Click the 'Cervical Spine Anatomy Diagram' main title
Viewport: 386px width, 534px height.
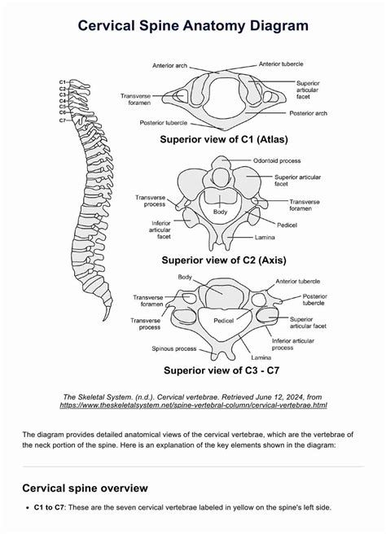click(193, 26)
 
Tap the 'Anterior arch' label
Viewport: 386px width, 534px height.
click(171, 65)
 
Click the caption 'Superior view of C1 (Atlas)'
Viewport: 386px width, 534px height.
click(234, 141)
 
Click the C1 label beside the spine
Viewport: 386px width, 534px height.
click(63, 83)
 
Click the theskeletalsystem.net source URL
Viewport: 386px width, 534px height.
click(193, 405)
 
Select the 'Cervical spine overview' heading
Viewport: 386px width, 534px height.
click(85, 488)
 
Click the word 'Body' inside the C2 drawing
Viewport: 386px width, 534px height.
click(220, 212)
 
